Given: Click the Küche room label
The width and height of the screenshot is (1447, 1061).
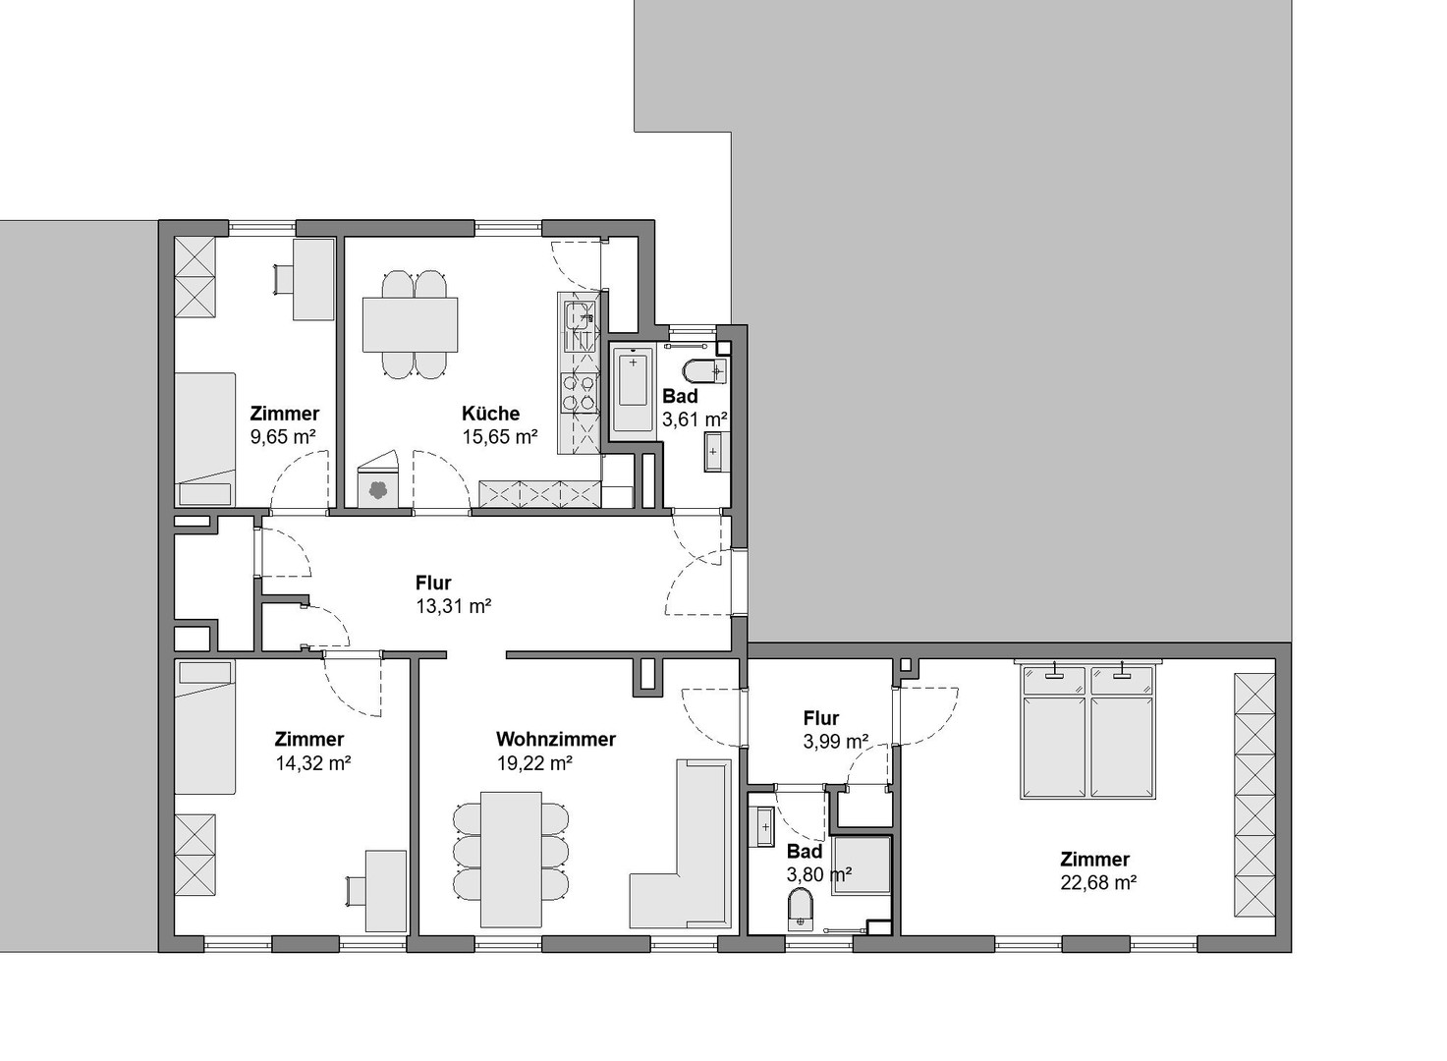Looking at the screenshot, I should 490,414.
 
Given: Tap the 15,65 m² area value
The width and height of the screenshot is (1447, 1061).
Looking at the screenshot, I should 499,437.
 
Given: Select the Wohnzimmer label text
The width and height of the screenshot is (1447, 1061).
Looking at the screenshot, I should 555,739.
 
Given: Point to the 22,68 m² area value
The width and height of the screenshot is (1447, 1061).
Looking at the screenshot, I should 1098,882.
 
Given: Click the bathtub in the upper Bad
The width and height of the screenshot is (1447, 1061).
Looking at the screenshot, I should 632,390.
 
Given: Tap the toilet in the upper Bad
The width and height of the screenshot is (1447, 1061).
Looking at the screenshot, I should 704,372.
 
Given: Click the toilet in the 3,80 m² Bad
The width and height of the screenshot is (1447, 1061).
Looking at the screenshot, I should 802,909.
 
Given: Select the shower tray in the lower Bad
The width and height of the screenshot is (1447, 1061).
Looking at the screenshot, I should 862,865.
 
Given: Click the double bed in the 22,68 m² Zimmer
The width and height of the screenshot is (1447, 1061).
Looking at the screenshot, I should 1087,732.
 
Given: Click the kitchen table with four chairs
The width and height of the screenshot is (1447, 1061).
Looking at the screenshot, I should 410,324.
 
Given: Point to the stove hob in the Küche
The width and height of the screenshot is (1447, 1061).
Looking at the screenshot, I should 579,393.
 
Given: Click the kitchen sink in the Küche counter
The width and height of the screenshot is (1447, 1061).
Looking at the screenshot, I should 579,315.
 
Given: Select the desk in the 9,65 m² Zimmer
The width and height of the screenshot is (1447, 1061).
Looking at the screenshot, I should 313,279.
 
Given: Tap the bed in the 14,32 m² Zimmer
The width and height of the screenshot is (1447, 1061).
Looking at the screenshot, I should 205,727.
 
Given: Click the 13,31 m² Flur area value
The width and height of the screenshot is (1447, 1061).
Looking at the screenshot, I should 453,606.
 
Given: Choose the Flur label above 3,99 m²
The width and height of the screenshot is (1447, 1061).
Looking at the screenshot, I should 820,718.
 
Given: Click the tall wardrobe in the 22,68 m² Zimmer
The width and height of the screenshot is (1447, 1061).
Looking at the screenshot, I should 1253,796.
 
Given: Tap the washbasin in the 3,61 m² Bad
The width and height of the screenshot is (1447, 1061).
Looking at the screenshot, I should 716,453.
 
